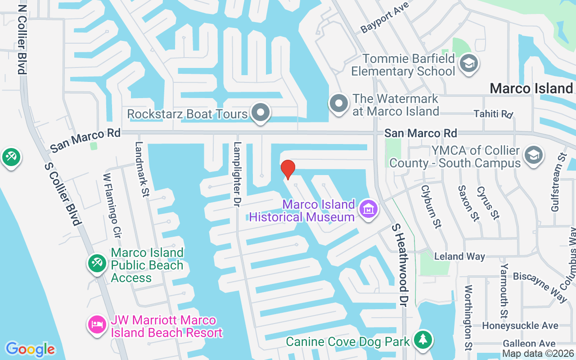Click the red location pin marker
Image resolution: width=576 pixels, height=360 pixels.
point(288,169)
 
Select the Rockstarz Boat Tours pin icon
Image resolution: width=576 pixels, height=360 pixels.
point(260,112)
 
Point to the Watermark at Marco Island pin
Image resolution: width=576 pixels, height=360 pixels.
point(339,104)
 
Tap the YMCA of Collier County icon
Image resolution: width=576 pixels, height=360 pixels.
point(533,156)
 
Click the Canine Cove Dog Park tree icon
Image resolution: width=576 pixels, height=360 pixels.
point(423,340)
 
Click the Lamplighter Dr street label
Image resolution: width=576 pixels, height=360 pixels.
point(237,175)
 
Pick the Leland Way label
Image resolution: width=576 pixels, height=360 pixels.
point(459,256)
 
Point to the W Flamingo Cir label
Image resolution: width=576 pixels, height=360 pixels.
point(112,205)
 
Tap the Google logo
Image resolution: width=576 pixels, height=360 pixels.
point(30,349)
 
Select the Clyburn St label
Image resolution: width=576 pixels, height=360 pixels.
point(430,207)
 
